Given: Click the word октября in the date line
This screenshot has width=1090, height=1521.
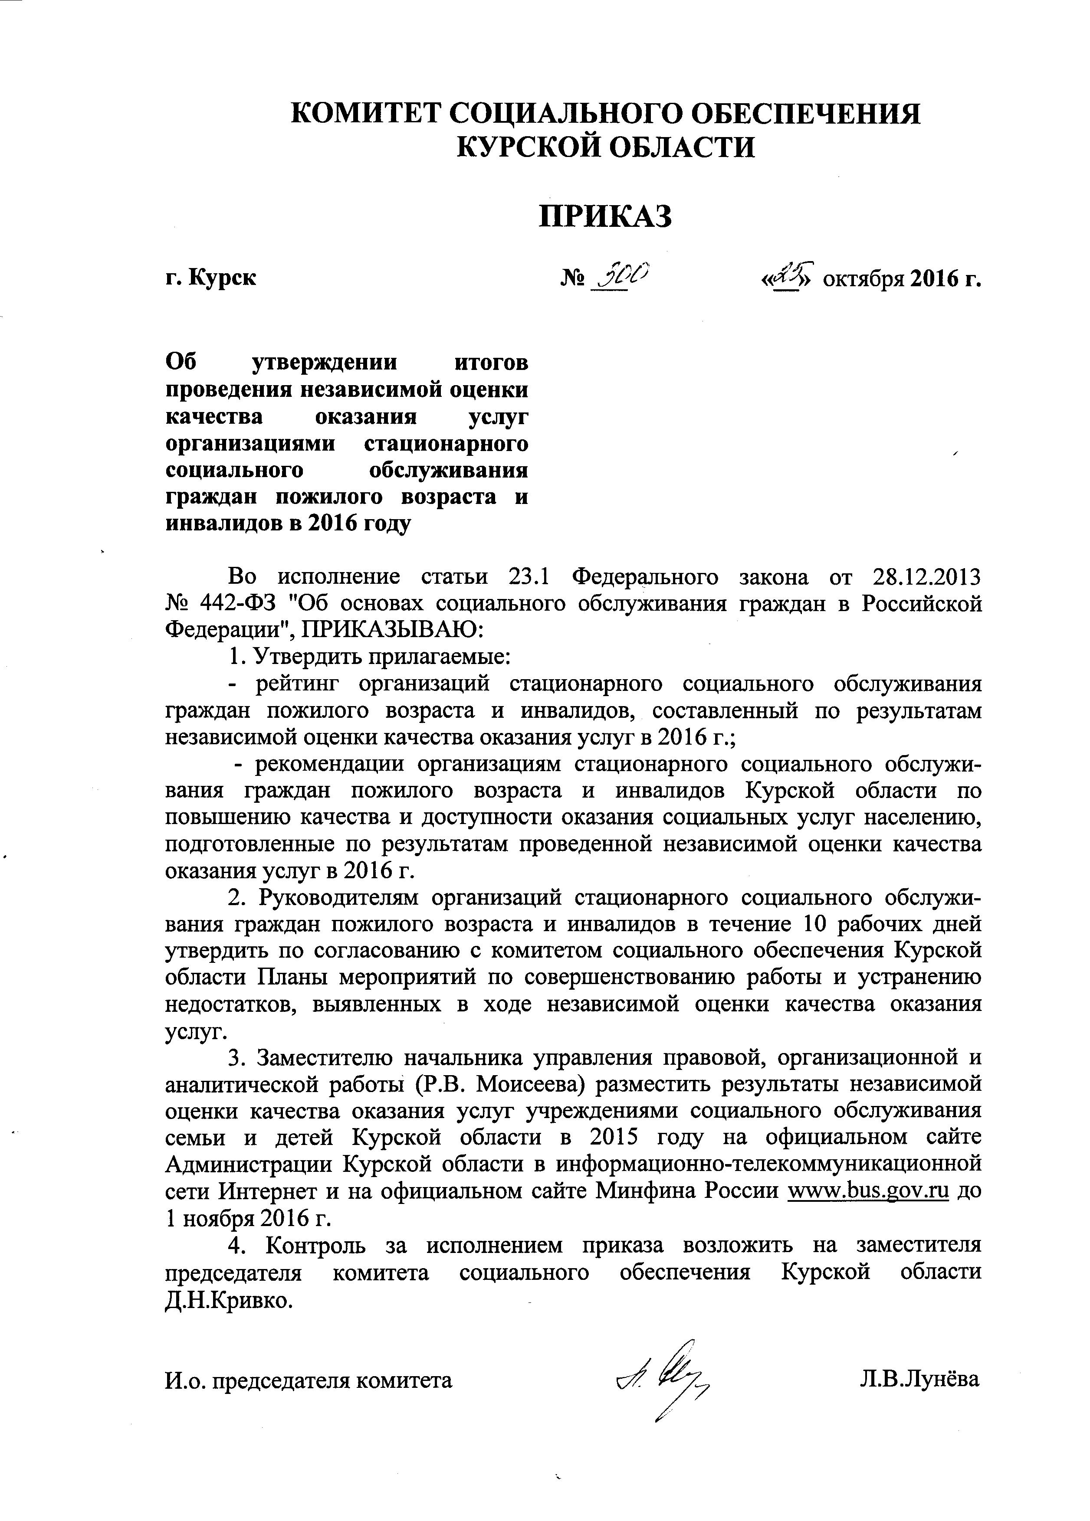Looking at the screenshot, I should tap(862, 278).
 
